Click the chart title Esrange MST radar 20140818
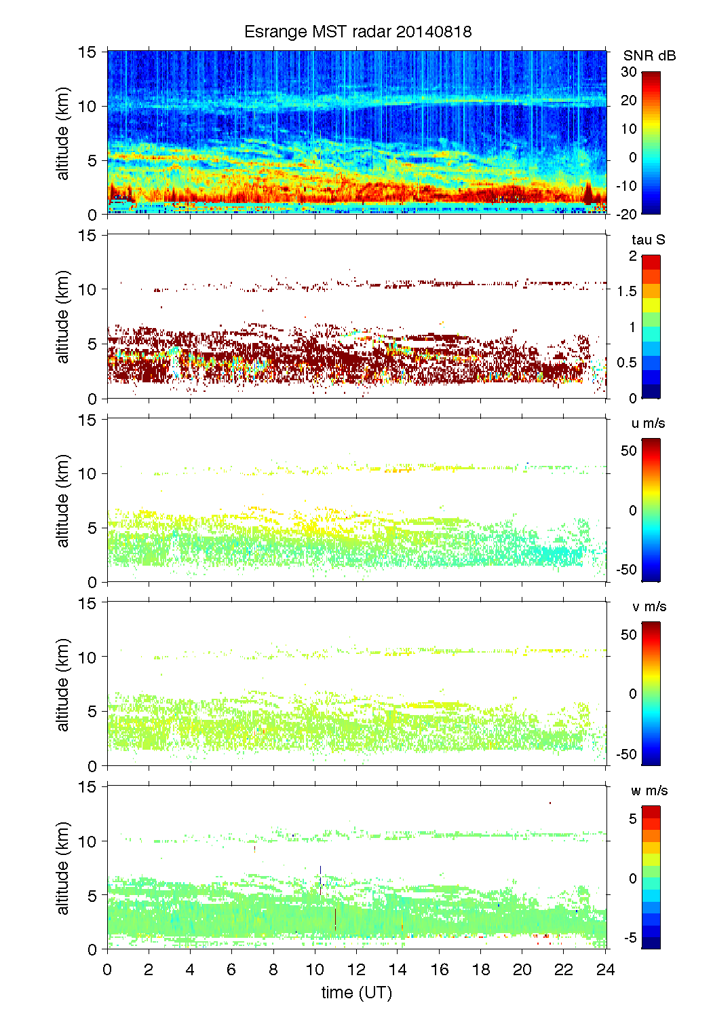pyautogui.click(x=358, y=32)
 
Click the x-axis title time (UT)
pyautogui.click(x=357, y=992)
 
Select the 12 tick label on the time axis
pyautogui.click(x=356, y=969)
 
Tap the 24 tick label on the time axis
pyautogui.click(x=605, y=969)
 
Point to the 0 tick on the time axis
pyautogui.click(x=107, y=969)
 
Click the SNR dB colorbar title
pyautogui.click(x=649, y=56)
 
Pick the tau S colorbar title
pyautogui.click(x=648, y=240)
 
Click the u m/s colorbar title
pyautogui.click(x=648, y=423)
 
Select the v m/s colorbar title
pyautogui.click(x=649, y=606)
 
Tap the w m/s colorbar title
pyautogui.click(x=649, y=790)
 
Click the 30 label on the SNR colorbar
pyautogui.click(x=629, y=72)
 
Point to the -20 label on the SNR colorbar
pyautogui.click(x=627, y=214)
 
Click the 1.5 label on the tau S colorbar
pyautogui.click(x=627, y=291)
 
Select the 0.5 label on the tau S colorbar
pyautogui.click(x=627, y=363)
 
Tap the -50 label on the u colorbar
pyautogui.click(x=627, y=570)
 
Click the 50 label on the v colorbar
pyautogui.click(x=629, y=634)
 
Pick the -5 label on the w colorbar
pyautogui.click(x=630, y=938)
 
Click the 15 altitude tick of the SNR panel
pyautogui.click(x=88, y=52)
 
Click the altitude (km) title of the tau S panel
pyautogui.click(x=63, y=316)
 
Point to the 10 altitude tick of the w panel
pyautogui.click(x=88, y=841)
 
